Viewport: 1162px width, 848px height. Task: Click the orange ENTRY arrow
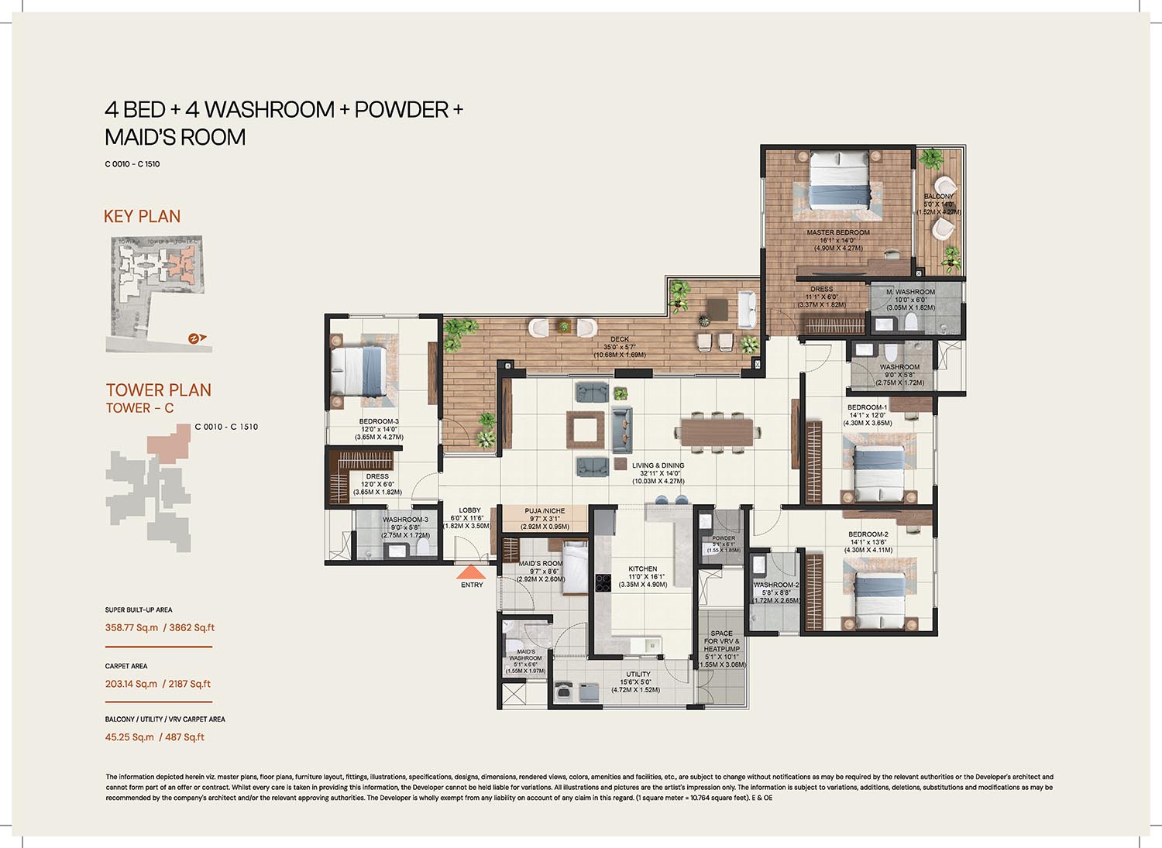471,573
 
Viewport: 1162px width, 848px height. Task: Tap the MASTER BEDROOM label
838,232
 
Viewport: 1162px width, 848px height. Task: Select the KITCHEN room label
642,569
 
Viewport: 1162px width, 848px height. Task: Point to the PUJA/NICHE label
545,511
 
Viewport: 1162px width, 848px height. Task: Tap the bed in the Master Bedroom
838,180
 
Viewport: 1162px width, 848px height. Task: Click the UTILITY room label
638,675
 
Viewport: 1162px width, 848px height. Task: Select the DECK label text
620,339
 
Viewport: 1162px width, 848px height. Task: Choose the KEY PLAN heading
142,217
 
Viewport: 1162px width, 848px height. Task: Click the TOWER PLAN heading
158,390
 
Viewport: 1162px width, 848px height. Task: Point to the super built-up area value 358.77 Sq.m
132,628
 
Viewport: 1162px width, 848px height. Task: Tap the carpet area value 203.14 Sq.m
131,684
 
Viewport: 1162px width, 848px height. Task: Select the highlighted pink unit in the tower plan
169,445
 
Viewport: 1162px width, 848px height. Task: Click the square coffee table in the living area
585,429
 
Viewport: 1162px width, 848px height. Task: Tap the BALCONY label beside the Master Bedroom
939,197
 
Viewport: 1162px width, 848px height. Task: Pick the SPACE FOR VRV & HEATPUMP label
721,641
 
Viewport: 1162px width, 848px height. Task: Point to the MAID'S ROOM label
541,564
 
